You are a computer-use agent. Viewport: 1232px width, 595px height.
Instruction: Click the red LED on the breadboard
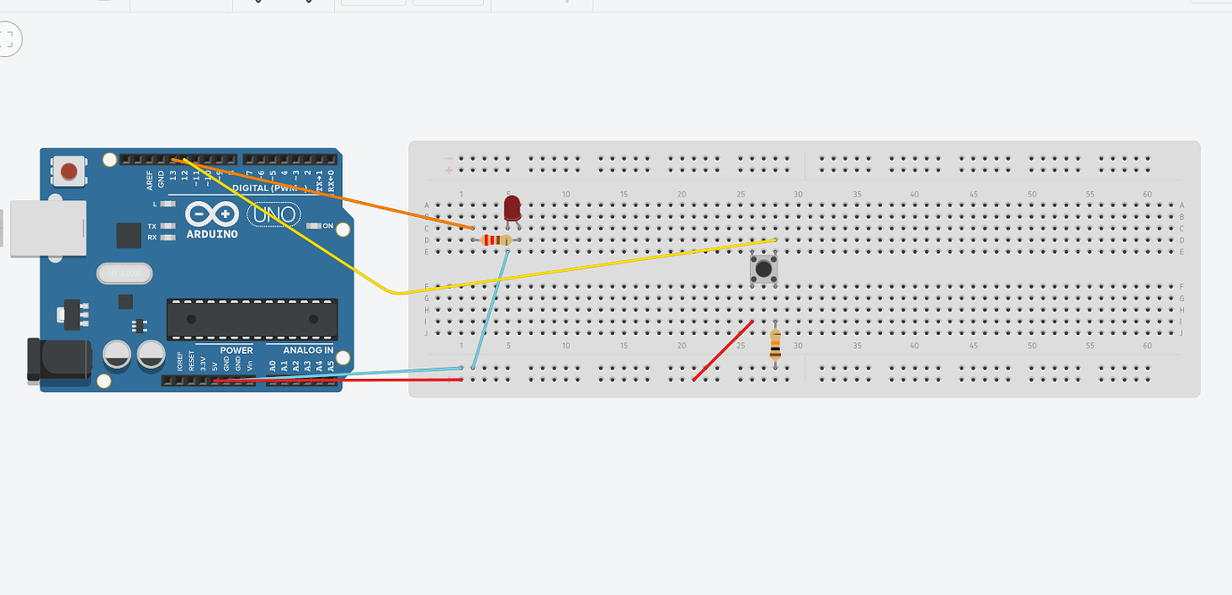pyautogui.click(x=512, y=208)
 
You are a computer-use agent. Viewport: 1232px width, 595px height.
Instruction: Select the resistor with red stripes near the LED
pyautogui.click(x=496, y=240)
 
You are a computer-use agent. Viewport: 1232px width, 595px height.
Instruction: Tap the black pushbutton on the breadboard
pyautogui.click(x=762, y=269)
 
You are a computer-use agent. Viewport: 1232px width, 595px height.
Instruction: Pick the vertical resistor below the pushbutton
pyautogui.click(x=775, y=343)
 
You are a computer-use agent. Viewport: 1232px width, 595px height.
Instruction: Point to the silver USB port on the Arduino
pyautogui.click(x=45, y=228)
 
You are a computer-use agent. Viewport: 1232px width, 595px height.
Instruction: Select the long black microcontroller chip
pyautogui.click(x=252, y=319)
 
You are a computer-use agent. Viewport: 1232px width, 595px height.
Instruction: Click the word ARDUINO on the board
pyautogui.click(x=212, y=234)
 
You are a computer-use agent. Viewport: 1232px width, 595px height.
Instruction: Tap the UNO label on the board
pyautogui.click(x=274, y=214)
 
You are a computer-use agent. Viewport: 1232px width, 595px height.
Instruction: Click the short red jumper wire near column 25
pyautogui.click(x=722, y=351)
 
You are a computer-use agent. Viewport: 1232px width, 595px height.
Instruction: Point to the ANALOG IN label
pyautogui.click(x=308, y=350)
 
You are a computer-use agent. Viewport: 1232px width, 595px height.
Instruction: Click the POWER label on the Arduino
pyautogui.click(x=237, y=350)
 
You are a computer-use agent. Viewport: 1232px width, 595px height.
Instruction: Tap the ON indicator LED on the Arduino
pyautogui.click(x=313, y=226)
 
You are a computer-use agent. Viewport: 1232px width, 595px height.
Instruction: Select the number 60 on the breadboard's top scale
pyautogui.click(x=1147, y=195)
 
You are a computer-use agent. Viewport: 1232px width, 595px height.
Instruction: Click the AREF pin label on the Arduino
pyautogui.click(x=150, y=180)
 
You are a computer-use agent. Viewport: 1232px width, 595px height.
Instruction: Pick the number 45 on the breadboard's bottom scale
pyautogui.click(x=973, y=345)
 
